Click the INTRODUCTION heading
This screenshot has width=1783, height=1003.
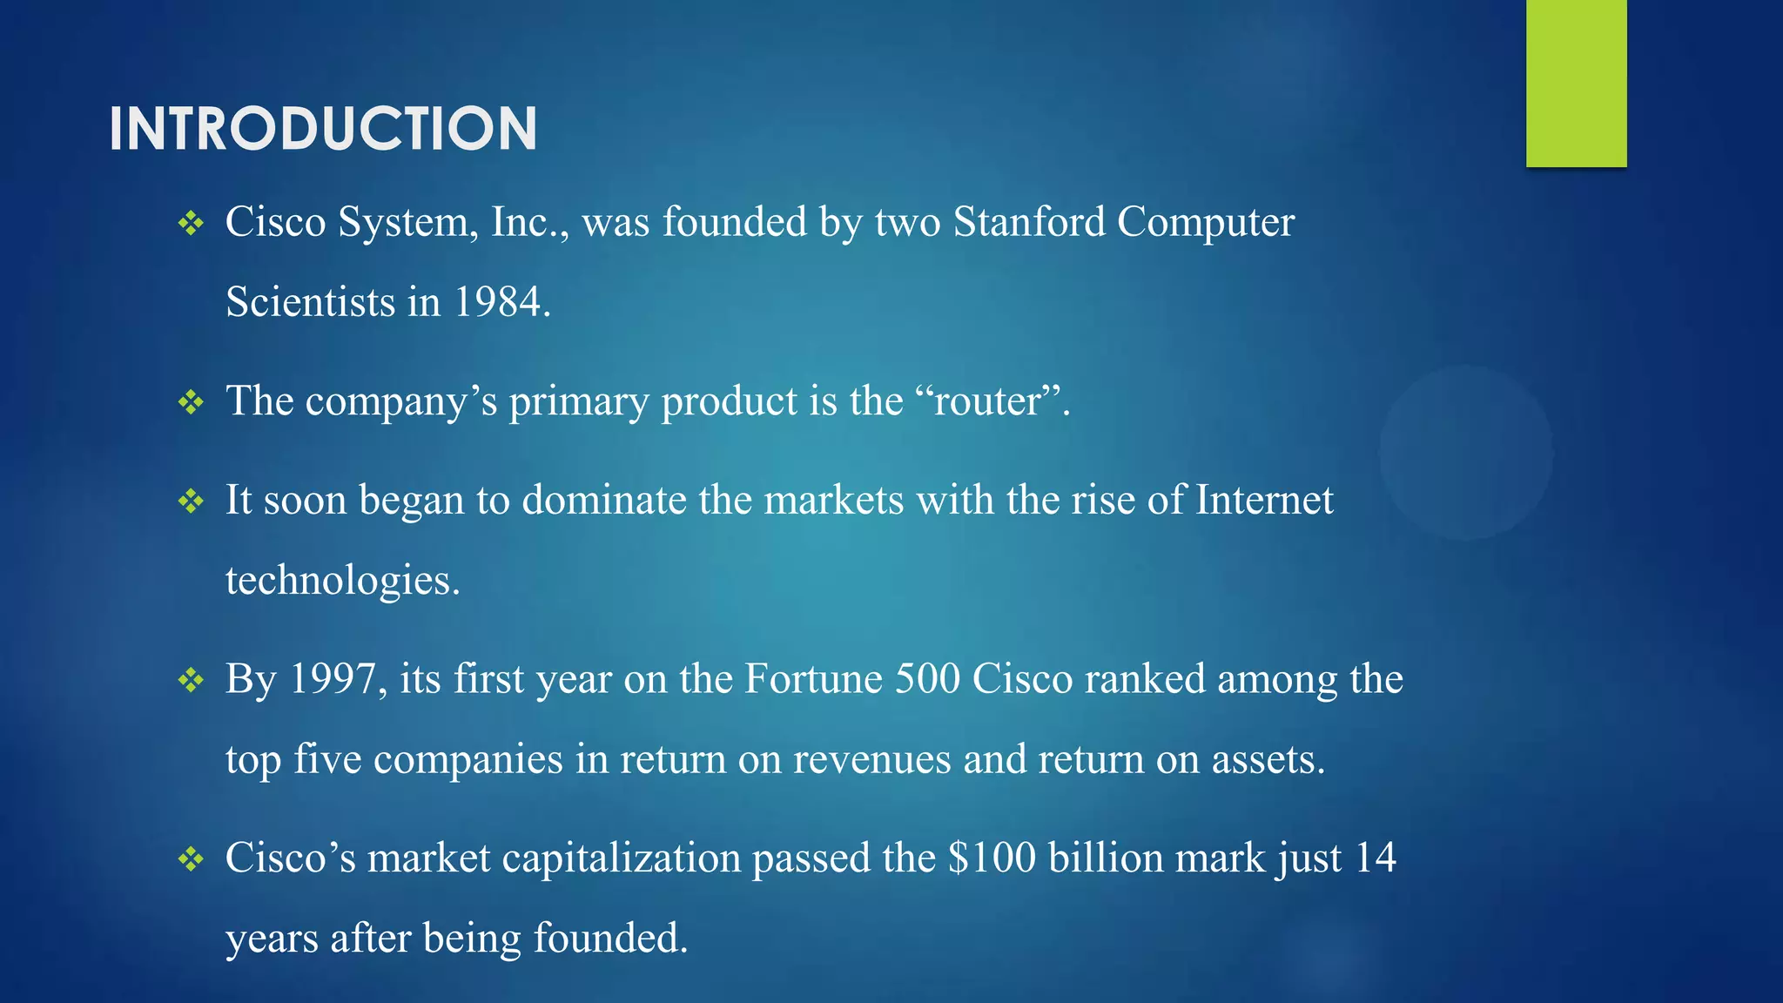322,129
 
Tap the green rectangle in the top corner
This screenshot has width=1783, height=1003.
1576,83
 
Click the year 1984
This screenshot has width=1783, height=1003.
498,302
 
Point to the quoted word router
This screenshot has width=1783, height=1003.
987,401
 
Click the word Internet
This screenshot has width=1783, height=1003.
1264,501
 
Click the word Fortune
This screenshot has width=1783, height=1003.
813,679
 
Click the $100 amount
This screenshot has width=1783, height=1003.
992,858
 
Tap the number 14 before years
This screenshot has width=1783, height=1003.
1376,858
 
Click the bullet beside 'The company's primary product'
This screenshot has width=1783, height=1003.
191,402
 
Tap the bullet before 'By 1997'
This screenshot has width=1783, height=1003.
191,680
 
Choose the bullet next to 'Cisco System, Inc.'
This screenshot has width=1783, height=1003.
191,224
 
